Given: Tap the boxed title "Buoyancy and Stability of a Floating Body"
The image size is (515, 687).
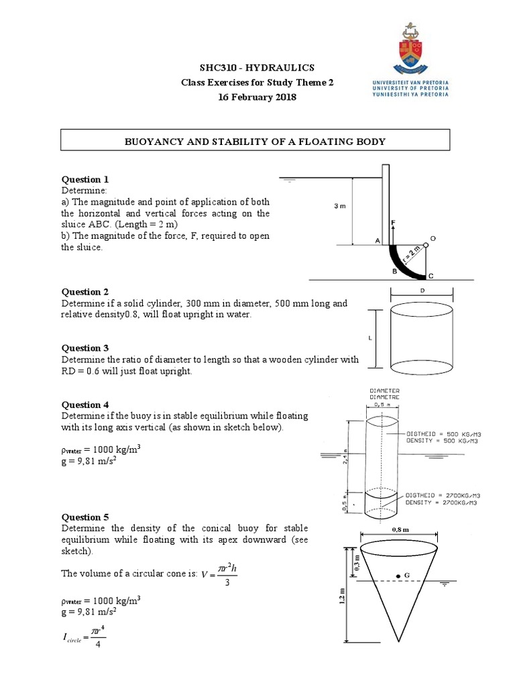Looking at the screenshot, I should [x=257, y=142].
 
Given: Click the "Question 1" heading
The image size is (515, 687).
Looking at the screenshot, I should [x=85, y=179].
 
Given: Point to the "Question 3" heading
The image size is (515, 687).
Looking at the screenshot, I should [x=85, y=348].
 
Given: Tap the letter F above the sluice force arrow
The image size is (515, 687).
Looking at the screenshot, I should [x=394, y=221].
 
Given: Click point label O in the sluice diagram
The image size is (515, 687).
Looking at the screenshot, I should [x=433, y=238].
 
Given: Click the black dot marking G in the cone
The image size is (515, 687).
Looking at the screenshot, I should [x=398, y=576].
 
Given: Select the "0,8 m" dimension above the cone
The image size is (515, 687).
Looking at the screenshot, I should [x=400, y=529].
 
